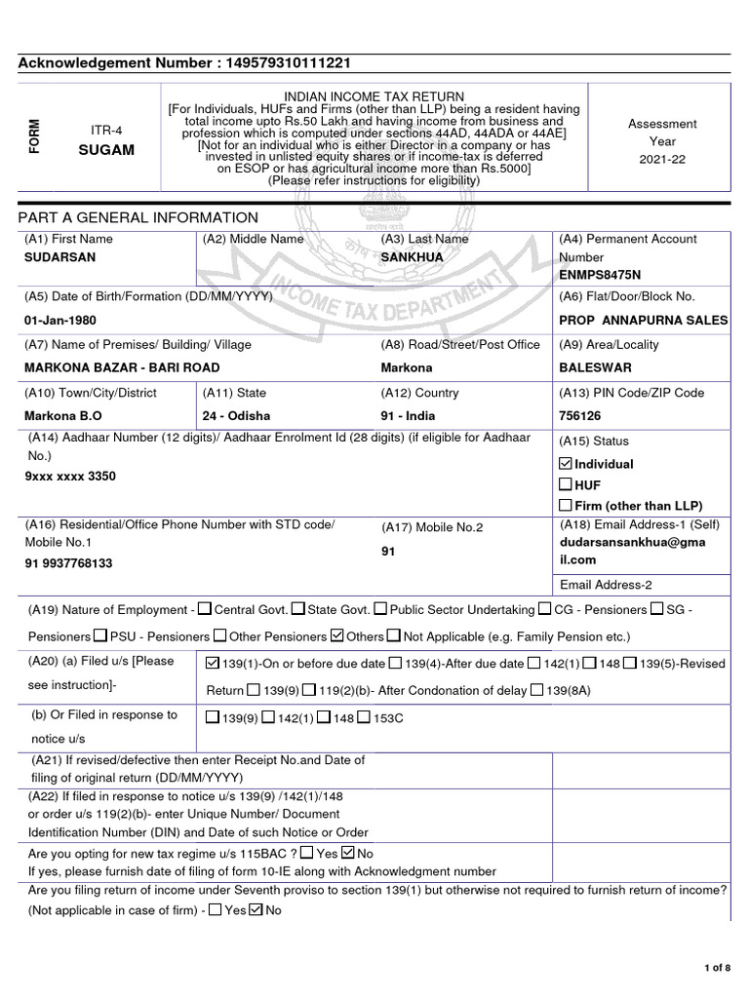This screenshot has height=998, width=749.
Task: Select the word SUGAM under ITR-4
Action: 106,152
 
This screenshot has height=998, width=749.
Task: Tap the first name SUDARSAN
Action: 59,256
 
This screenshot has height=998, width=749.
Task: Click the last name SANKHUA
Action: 412,256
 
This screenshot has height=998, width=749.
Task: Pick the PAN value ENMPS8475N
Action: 599,275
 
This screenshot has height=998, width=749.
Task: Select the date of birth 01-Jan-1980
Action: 59,320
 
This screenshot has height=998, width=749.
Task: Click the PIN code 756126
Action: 581,415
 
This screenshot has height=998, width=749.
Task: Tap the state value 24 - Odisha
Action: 237,415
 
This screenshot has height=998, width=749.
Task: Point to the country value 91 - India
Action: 407,415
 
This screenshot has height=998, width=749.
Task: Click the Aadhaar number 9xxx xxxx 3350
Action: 69,478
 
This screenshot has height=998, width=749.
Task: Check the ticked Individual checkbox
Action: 566,464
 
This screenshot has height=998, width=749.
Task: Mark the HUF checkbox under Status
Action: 566,484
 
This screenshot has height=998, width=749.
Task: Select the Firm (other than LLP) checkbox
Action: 566,505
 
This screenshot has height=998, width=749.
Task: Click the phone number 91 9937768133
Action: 68,563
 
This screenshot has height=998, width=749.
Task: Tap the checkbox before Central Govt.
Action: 204,610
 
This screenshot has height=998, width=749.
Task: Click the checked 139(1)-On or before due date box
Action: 215,664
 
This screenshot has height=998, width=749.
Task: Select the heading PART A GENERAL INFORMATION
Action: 138,217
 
